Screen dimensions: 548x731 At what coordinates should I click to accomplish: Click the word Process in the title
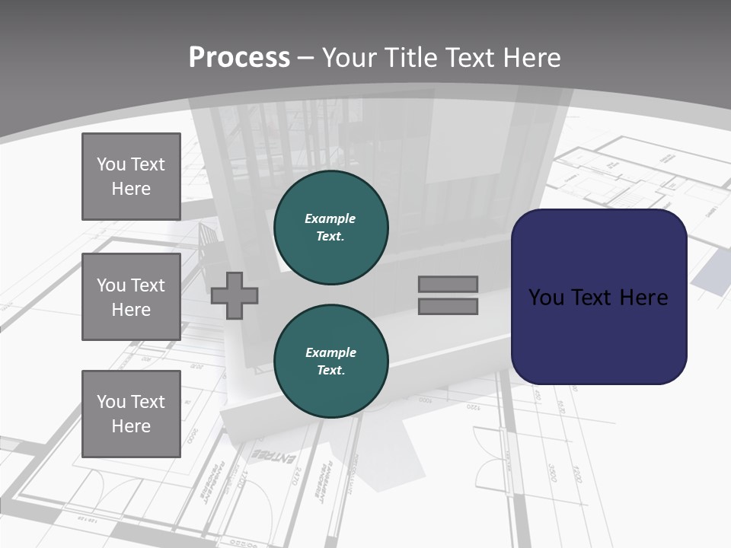coord(239,58)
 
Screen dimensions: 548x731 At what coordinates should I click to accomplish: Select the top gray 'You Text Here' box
coord(131,177)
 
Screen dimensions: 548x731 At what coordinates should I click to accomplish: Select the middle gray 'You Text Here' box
coord(131,297)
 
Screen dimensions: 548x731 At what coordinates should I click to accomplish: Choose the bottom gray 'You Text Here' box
coord(131,413)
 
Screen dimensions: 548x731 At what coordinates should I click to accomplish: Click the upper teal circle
coord(331,227)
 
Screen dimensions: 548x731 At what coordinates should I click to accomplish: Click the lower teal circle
coord(331,361)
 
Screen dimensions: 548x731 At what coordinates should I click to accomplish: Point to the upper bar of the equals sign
coord(448,284)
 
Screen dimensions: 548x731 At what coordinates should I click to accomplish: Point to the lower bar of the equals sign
coord(448,307)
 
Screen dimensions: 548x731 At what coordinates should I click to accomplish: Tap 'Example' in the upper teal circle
coord(330,218)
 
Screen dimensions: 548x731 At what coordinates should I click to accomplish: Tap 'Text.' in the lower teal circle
coord(330,370)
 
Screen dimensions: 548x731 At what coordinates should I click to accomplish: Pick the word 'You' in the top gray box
coord(110,164)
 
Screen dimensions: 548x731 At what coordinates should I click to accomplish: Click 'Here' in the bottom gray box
coord(131,426)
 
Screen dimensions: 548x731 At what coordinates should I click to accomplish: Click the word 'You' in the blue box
coord(546,297)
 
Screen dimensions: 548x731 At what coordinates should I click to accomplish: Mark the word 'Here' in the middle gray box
coord(131,310)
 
